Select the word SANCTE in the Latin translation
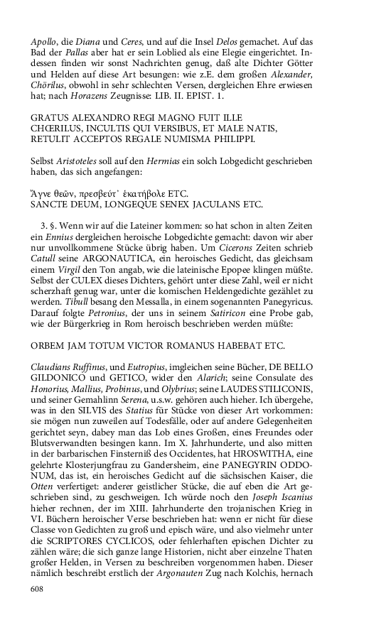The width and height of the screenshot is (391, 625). [x=51, y=206]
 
